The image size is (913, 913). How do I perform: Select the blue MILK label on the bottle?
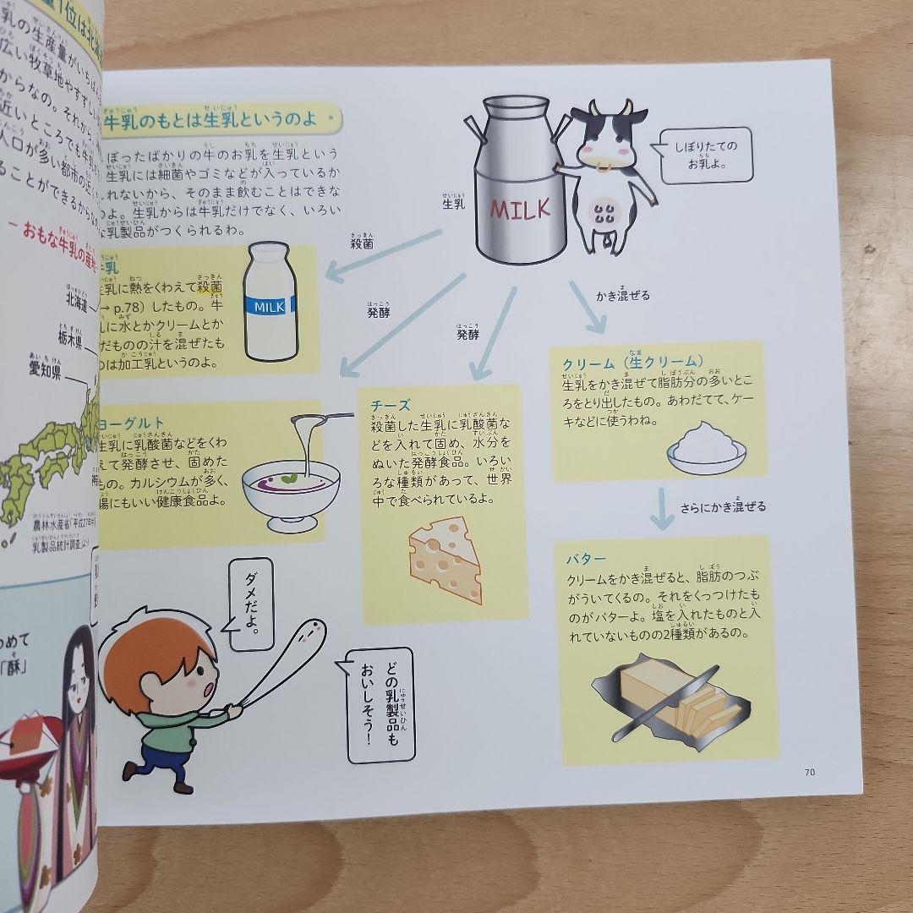270,304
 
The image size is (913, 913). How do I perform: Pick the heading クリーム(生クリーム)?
633,363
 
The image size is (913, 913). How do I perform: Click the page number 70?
808,771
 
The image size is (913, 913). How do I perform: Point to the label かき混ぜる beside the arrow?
622,295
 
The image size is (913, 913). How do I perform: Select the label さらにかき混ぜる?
723,507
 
